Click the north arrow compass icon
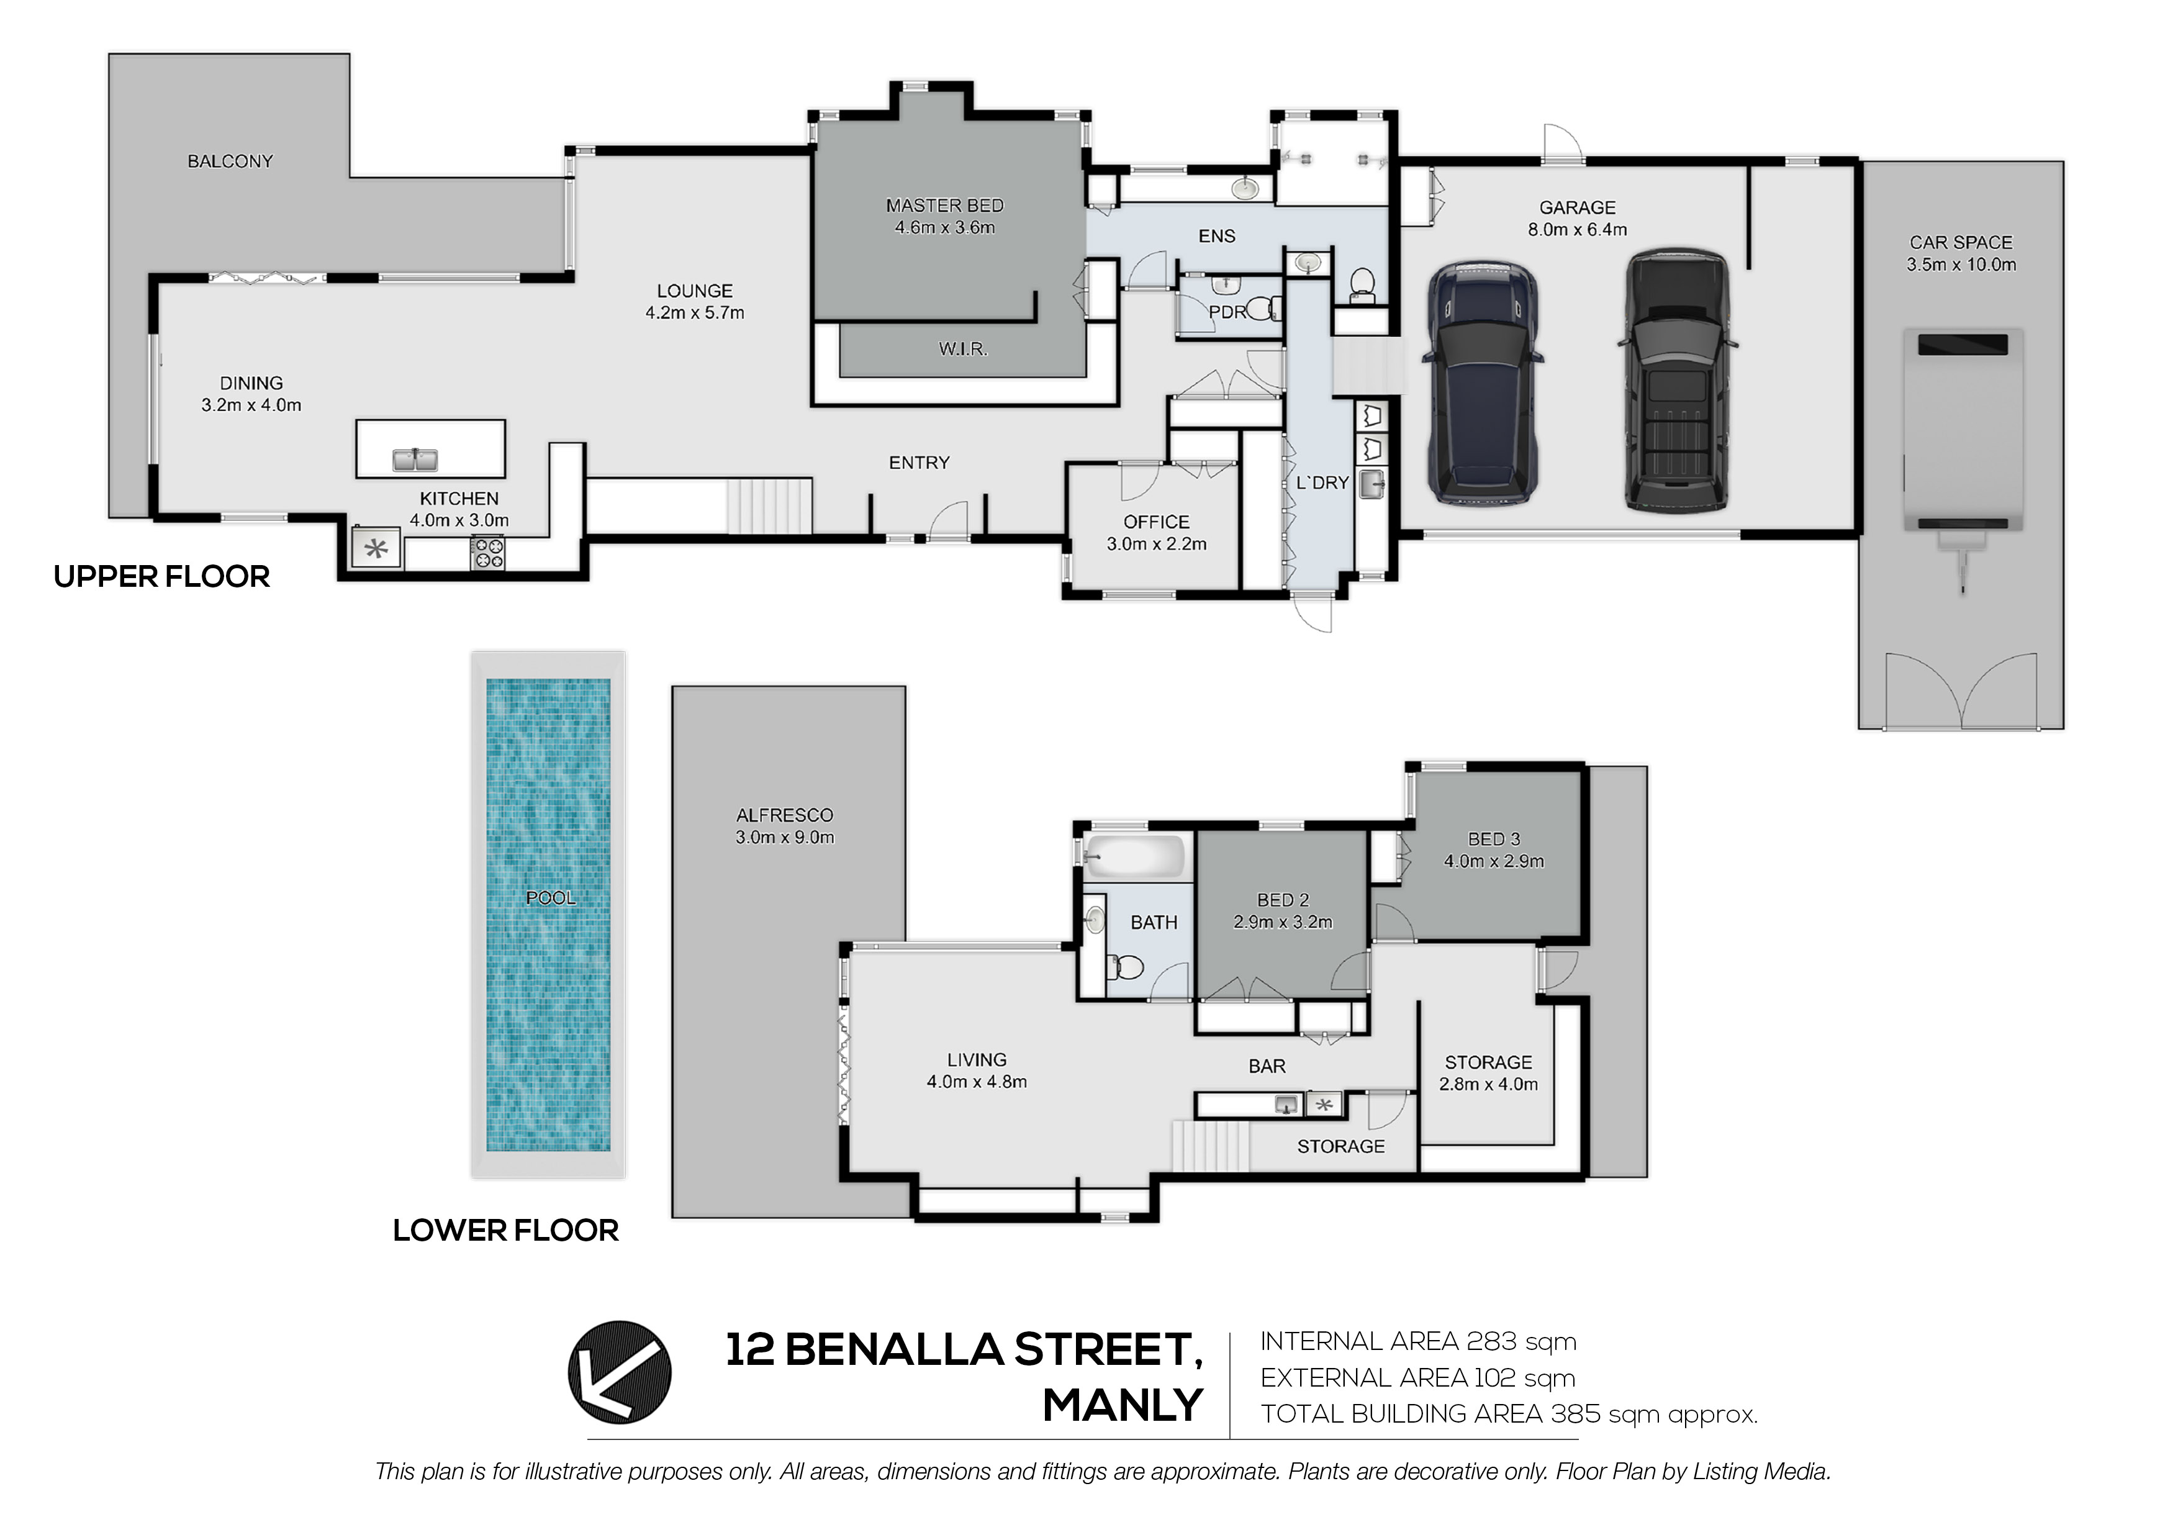coord(620,1372)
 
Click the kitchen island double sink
coord(415,460)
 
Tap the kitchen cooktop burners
coord(487,553)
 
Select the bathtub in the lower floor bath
coord(1134,856)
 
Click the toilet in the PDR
coord(1263,309)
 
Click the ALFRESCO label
coord(785,815)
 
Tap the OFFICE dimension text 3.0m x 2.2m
coord(1156,545)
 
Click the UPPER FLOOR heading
coord(161,577)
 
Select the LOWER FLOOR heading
coord(505,1231)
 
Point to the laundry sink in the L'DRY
coord(1371,484)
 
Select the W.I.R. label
coord(963,349)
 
